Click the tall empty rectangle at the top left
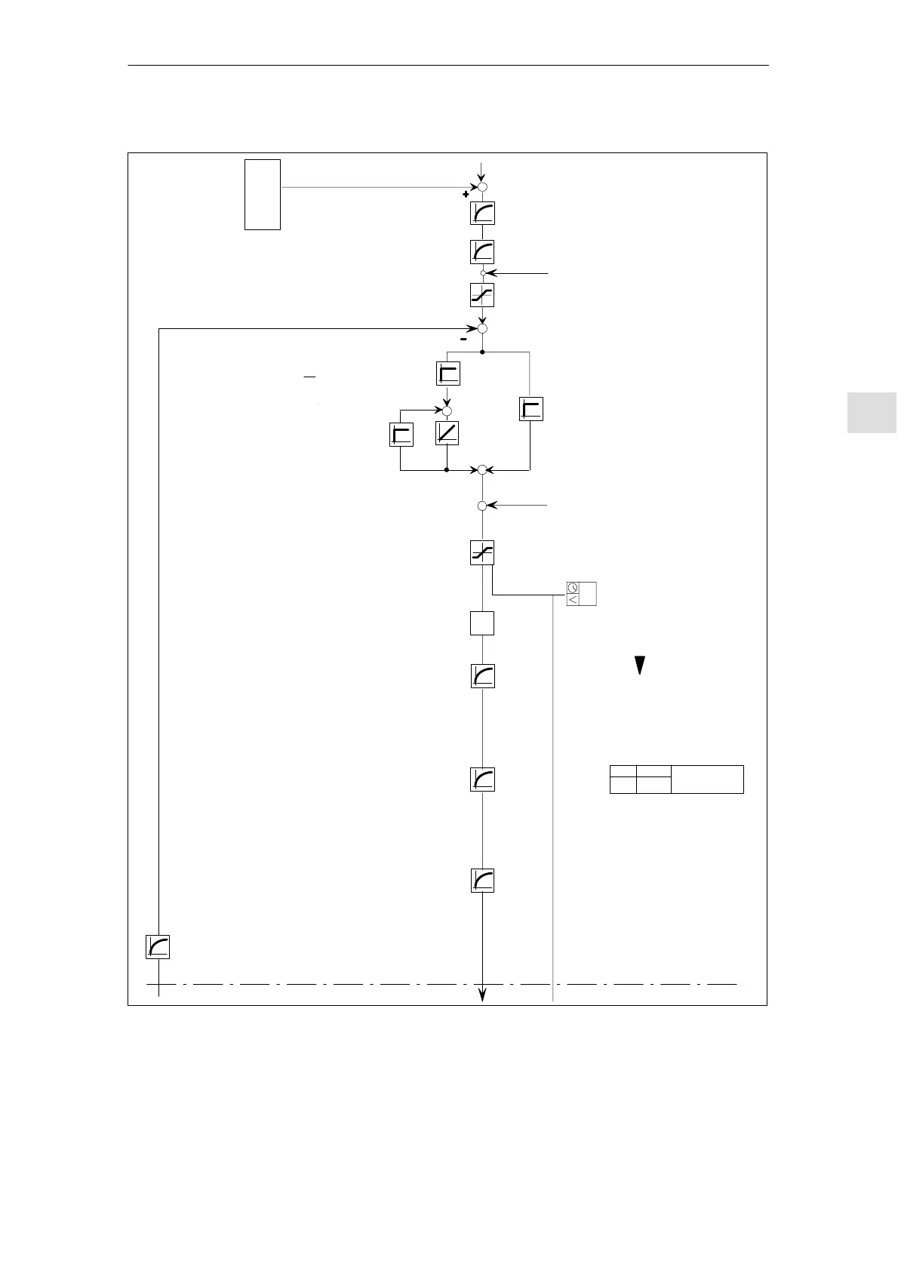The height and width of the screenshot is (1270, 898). pyautogui.click(x=263, y=194)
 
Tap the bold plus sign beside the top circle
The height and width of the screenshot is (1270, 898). pyautogui.click(x=466, y=194)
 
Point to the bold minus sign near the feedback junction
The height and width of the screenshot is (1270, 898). pyautogui.click(x=463, y=339)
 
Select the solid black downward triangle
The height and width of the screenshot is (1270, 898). pyautogui.click(x=639, y=665)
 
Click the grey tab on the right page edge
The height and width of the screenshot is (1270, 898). pyautogui.click(x=872, y=412)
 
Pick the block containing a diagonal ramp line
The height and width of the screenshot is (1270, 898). pyautogui.click(x=447, y=433)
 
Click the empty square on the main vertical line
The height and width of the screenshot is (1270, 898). pyautogui.click(x=482, y=623)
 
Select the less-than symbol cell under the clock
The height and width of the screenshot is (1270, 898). pyautogui.click(x=573, y=599)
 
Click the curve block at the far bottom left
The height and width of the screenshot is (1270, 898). pyautogui.click(x=158, y=947)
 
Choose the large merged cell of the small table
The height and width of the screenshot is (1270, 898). pyautogui.click(x=707, y=779)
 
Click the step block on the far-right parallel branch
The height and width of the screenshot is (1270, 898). pyautogui.click(x=531, y=409)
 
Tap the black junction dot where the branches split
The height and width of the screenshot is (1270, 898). pyautogui.click(x=482, y=352)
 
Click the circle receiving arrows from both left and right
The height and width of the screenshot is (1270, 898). pyautogui.click(x=482, y=470)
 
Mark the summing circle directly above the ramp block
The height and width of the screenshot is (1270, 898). pyautogui.click(x=447, y=410)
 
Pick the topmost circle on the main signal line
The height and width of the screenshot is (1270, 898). pyautogui.click(x=482, y=187)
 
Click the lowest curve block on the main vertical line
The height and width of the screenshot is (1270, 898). pyautogui.click(x=482, y=881)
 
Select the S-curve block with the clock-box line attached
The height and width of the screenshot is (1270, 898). pyautogui.click(x=482, y=554)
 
